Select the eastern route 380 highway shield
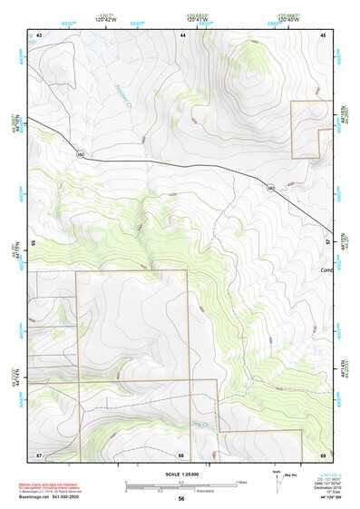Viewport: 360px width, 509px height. click(271, 187)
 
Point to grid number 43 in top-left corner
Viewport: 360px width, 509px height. click(39, 34)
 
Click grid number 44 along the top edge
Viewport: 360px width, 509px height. click(183, 34)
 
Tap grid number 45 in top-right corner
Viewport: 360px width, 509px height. click(323, 34)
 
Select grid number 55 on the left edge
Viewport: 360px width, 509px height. click(33, 243)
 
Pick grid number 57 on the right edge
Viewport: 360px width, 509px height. click(328, 243)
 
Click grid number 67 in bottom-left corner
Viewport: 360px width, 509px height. click(39, 454)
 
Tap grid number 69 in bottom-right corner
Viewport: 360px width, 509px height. click(323, 454)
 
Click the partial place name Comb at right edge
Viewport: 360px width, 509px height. click(327, 269)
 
